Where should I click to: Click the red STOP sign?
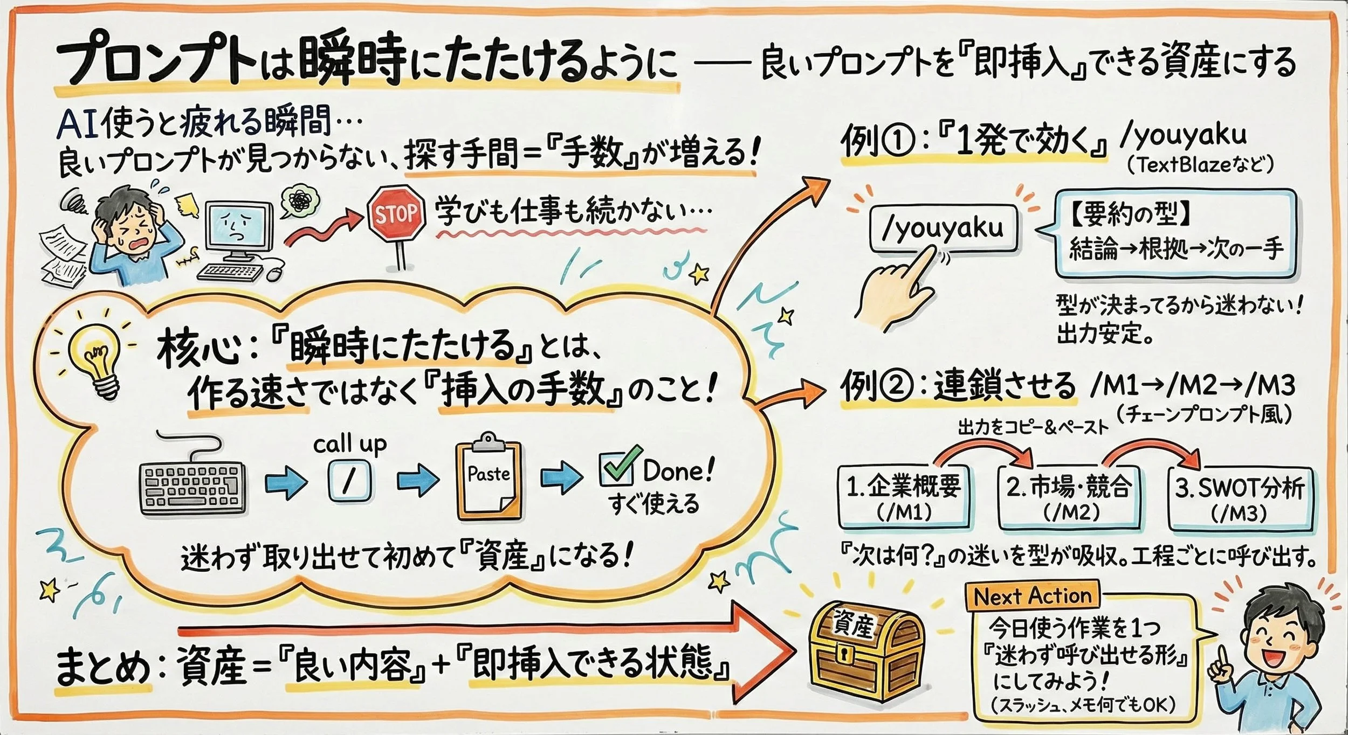[x=396, y=214]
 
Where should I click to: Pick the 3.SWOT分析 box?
[x=1240, y=498]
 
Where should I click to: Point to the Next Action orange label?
[x=1032, y=595]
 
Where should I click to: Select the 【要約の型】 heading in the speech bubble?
[x=1130, y=216]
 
